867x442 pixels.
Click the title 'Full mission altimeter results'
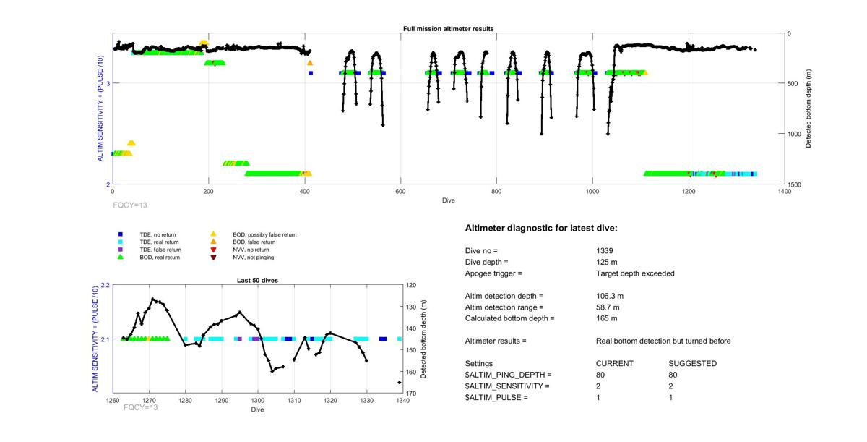coord(448,29)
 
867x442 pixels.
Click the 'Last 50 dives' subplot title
coord(257,280)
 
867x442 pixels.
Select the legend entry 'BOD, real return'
coord(159,257)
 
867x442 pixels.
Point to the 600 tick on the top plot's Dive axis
coord(400,192)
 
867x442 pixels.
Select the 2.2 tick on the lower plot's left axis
coord(105,285)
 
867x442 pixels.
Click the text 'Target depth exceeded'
coord(630,273)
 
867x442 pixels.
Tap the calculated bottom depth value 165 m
coord(605,318)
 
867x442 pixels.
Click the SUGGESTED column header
coord(692,363)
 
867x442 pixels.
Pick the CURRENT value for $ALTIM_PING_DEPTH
coord(600,375)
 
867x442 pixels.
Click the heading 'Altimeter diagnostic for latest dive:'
coord(541,229)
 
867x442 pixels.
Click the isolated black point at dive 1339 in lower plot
coord(399,382)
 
